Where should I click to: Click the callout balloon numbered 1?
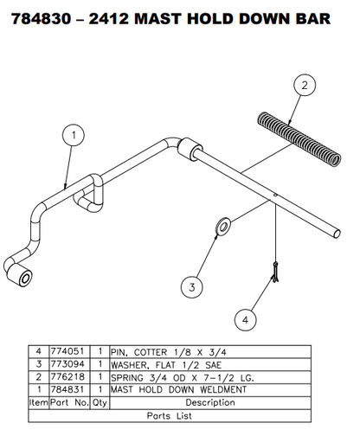[74, 134]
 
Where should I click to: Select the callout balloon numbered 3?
[191, 285]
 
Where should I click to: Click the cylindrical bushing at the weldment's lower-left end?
[20, 278]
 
